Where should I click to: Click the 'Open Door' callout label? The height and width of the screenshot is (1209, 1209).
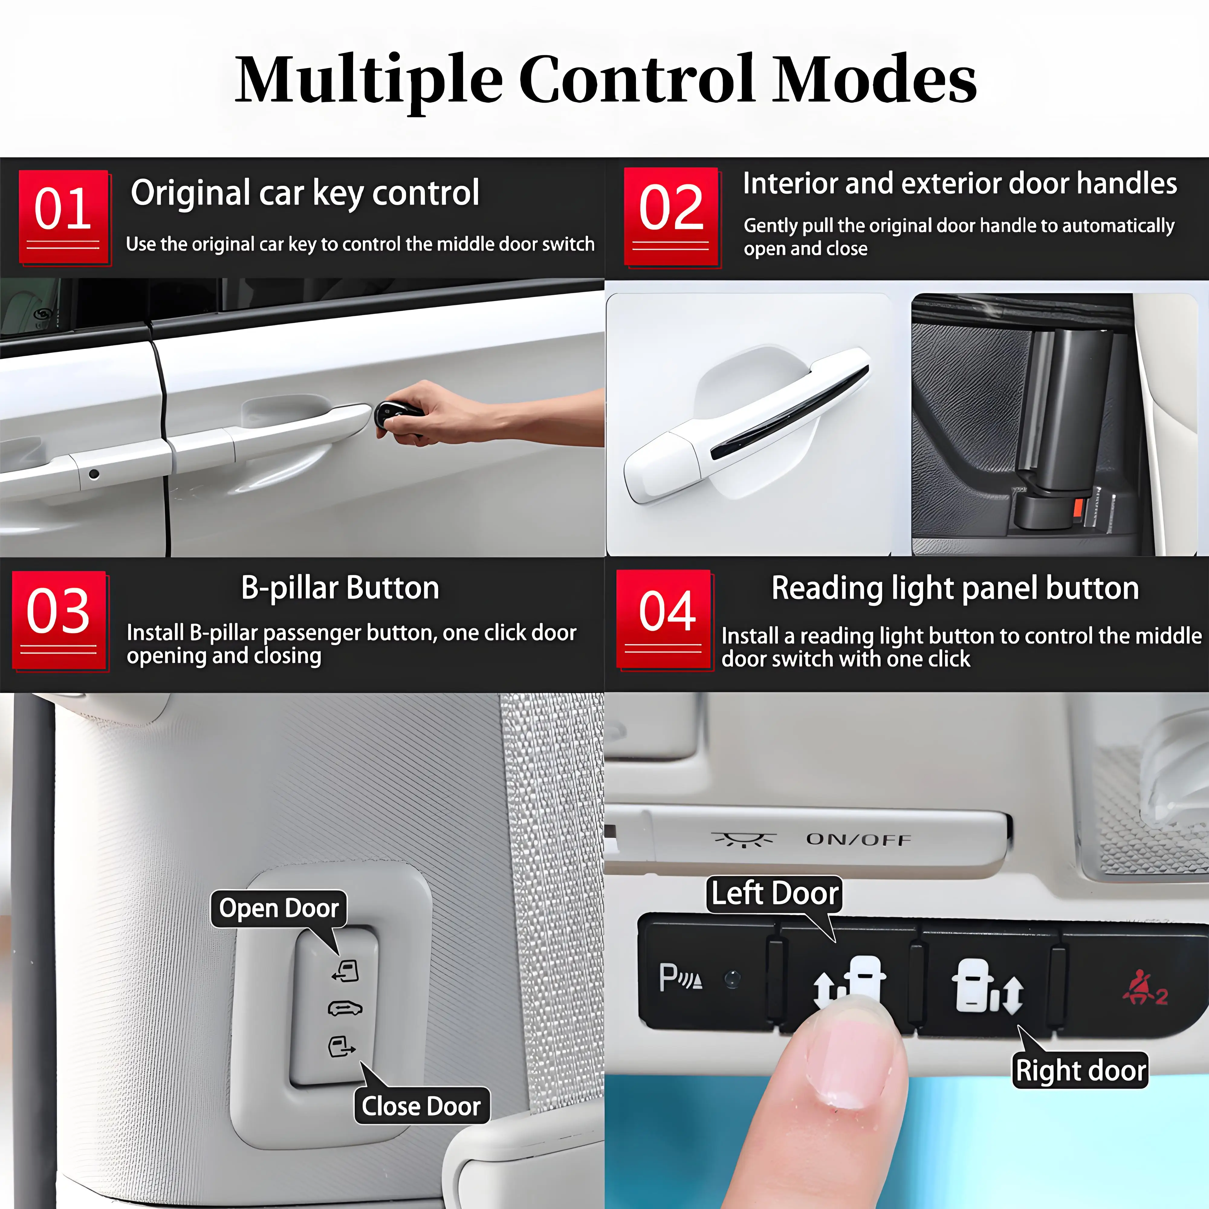coord(278,908)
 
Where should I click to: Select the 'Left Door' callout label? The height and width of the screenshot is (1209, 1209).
coord(775,893)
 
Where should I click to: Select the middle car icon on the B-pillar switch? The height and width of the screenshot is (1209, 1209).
coord(345,1009)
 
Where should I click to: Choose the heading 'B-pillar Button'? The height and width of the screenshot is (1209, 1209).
coord(340,588)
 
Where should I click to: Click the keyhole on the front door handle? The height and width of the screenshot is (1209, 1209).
coord(94,474)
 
